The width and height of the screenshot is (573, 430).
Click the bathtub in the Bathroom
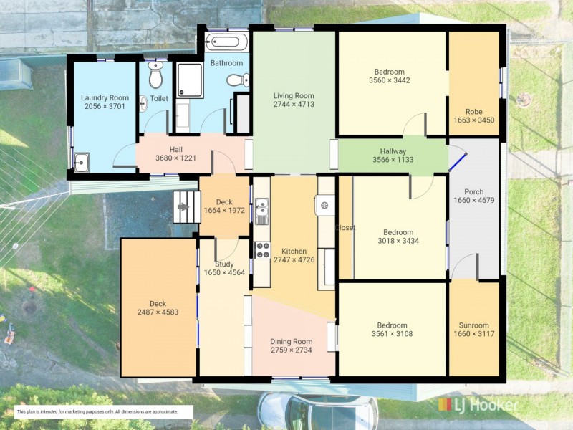click(x=225, y=40)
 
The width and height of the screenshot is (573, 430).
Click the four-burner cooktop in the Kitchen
click(x=263, y=250)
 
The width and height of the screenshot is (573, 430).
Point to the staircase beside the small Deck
click(x=185, y=207)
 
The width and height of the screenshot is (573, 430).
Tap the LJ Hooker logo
click(x=477, y=405)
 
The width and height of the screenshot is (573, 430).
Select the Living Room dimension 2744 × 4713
click(x=294, y=105)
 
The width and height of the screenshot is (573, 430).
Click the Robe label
click(x=473, y=111)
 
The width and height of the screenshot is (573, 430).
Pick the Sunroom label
click(x=473, y=325)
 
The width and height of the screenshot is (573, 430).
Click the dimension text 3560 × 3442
click(x=390, y=80)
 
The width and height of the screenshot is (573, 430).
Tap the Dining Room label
click(x=291, y=341)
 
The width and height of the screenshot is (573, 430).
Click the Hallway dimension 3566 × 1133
click(x=393, y=161)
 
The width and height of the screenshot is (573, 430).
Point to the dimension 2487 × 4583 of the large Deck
click(x=158, y=312)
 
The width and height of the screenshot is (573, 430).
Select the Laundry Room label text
click(x=105, y=98)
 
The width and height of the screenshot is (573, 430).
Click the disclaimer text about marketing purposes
click(x=104, y=411)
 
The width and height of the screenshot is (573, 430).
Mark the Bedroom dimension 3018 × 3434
click(x=398, y=241)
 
